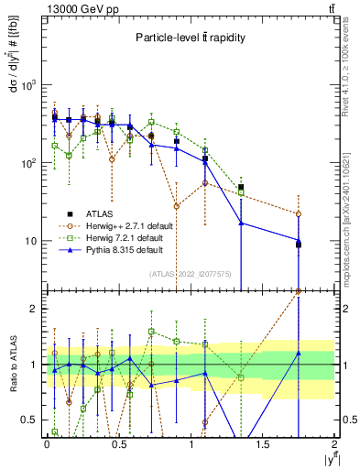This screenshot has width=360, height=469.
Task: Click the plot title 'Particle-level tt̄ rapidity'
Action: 188,38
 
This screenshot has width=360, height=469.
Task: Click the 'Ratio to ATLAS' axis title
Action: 12,377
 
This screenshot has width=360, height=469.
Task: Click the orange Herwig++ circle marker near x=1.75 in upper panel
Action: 299,214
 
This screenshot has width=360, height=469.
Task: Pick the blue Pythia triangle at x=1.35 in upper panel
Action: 241,223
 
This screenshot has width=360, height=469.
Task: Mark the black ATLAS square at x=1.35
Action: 241,188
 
